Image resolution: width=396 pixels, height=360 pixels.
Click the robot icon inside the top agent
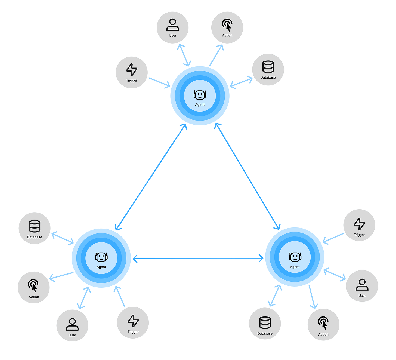[200, 95]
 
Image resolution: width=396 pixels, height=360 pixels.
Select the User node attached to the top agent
[173, 27]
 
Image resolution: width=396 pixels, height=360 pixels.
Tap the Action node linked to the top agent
[227, 27]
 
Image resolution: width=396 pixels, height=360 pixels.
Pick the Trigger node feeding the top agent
[132, 72]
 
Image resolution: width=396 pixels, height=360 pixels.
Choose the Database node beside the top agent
[268, 70]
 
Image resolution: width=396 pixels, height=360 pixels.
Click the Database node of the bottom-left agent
[35, 228]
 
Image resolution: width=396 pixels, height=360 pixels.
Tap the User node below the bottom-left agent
[72, 325]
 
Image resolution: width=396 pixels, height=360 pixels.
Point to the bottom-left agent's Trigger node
[133, 323]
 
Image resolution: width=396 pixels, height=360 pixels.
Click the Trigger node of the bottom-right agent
[359, 225]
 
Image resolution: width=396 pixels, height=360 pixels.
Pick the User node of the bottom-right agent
[362, 286]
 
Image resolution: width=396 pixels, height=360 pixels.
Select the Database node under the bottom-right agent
[265, 324]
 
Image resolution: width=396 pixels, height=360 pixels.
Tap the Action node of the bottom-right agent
[323, 325]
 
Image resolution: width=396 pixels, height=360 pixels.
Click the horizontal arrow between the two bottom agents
[198, 259]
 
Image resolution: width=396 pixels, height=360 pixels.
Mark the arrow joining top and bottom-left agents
[151, 177]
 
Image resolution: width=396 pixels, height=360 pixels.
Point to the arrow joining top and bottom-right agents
[247, 176]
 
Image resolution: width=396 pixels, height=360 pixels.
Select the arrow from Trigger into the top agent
[159, 82]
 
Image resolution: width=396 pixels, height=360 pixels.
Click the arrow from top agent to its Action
[216, 55]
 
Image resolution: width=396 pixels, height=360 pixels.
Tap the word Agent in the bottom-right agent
[295, 267]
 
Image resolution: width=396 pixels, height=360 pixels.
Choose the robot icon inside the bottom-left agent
[101, 257]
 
